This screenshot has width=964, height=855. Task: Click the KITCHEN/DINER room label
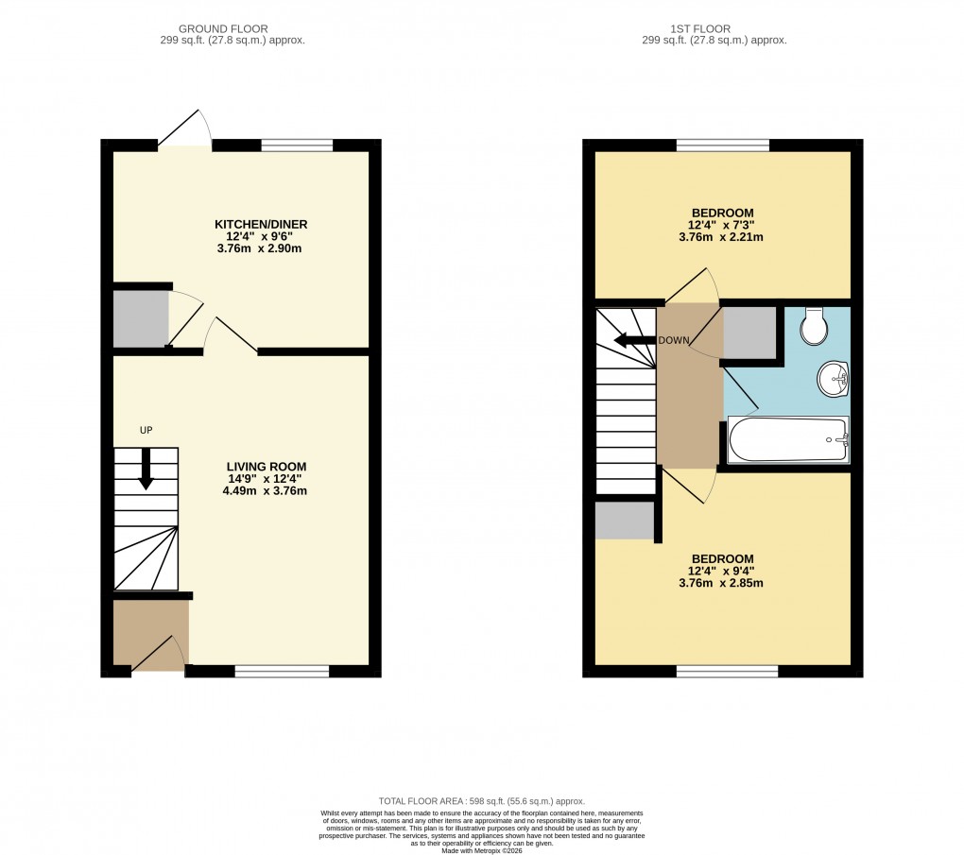pyautogui.click(x=261, y=224)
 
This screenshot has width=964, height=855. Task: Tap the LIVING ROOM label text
pyautogui.click(x=266, y=467)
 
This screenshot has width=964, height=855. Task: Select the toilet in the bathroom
pyautogui.click(x=812, y=327)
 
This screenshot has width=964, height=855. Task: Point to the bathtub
pyautogui.click(x=788, y=439)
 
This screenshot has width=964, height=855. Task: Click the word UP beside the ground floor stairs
pyautogui.click(x=146, y=431)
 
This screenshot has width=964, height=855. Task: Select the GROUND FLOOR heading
pyautogui.click(x=232, y=29)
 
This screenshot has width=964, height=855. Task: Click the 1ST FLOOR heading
pyautogui.click(x=714, y=29)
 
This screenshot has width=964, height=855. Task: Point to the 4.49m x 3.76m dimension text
pyautogui.click(x=266, y=490)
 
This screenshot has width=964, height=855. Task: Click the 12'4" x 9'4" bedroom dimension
pyautogui.click(x=722, y=570)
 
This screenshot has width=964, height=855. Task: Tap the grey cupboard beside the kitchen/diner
pyautogui.click(x=140, y=318)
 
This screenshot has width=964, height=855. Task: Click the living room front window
pyautogui.click(x=282, y=672)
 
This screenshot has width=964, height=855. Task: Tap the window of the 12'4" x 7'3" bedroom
pyautogui.click(x=722, y=145)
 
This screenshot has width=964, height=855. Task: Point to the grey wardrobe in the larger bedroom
pyautogui.click(x=625, y=520)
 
